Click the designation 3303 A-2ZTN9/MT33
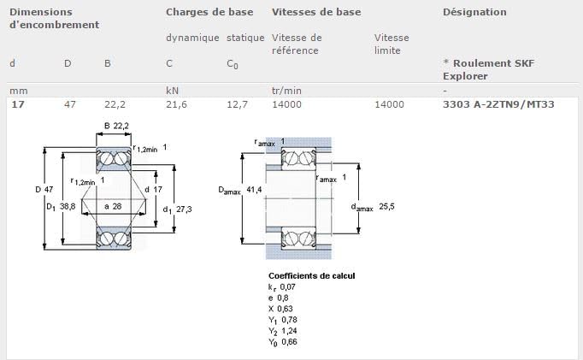pyautogui.click(x=498, y=104)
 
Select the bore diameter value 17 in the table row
pyautogui.click(x=18, y=104)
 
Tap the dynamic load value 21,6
pyautogui.click(x=176, y=104)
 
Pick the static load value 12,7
pyautogui.click(x=237, y=104)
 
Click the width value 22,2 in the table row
pyautogui.click(x=115, y=104)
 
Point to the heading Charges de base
pyautogui.click(x=209, y=12)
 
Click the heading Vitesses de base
pyautogui.click(x=316, y=12)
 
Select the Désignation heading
pyautogui.click(x=474, y=12)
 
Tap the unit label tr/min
pyautogui.click(x=286, y=91)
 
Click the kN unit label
pyautogui.click(x=172, y=91)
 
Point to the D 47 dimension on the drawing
pyautogui.click(x=44, y=189)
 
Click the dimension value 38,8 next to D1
pyautogui.click(x=68, y=206)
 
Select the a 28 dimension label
pyautogui.click(x=113, y=206)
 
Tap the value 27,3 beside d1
pyautogui.click(x=184, y=209)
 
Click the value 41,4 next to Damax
pyautogui.click(x=255, y=190)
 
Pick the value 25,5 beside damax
pyautogui.click(x=386, y=206)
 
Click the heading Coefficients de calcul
pyautogui.click(x=311, y=275)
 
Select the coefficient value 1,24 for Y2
pyautogui.click(x=289, y=331)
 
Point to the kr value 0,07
pyautogui.click(x=288, y=286)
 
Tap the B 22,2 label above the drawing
pyautogui.click(x=116, y=126)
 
